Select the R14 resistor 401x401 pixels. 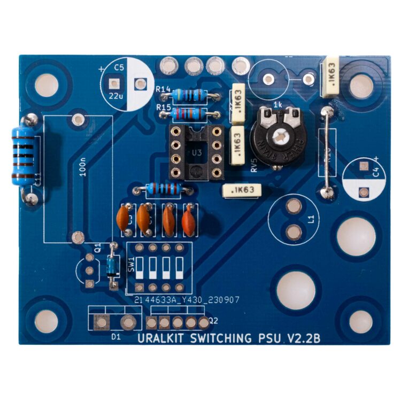click(189, 96)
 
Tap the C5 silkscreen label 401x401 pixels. click(119, 67)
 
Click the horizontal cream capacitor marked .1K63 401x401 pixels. click(241, 190)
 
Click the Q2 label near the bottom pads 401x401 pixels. click(214, 321)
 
